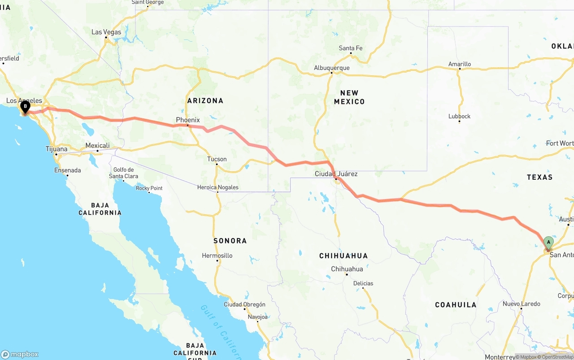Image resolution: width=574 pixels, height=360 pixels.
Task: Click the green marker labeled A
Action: click(x=548, y=243)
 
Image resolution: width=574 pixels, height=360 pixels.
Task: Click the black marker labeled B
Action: click(x=25, y=107)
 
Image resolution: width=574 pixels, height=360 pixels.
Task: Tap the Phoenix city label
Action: click(x=188, y=120)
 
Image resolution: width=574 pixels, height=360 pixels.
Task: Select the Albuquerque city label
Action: click(x=331, y=68)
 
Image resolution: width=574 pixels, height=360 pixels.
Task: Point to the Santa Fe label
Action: click(x=351, y=48)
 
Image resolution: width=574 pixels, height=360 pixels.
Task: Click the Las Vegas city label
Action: click(x=106, y=32)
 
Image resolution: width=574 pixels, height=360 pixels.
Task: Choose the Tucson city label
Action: click(x=217, y=159)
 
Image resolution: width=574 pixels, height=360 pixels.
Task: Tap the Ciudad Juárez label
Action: click(x=336, y=173)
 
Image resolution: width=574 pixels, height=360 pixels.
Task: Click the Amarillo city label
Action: click(x=460, y=64)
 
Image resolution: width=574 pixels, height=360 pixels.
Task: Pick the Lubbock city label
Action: click(x=459, y=116)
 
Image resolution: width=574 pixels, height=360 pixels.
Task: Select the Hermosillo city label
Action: click(x=217, y=256)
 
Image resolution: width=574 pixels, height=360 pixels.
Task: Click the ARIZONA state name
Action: click(x=205, y=100)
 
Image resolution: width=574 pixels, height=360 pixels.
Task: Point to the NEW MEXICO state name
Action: click(x=349, y=97)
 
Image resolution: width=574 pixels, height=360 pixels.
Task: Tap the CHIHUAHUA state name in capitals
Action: click(x=344, y=256)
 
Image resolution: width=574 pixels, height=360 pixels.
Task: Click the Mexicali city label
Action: click(x=97, y=145)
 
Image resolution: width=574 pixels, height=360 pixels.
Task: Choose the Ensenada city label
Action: click(x=68, y=170)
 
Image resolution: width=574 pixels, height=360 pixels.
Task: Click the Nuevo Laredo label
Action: click(x=521, y=304)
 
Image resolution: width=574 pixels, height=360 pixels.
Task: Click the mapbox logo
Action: click(x=20, y=354)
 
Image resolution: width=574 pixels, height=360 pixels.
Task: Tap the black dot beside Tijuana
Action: click(x=57, y=155)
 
